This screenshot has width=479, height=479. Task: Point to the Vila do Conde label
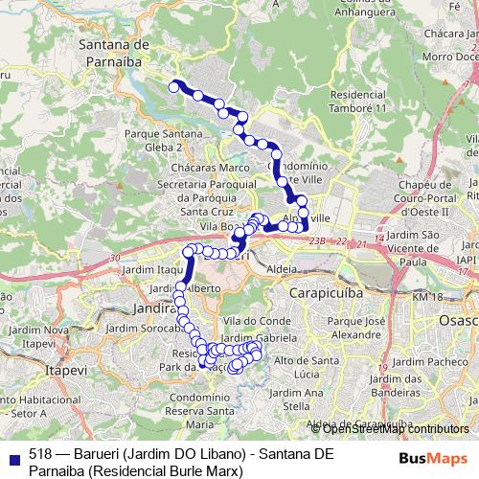[255, 319]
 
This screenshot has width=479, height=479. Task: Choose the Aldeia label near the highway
[286, 270]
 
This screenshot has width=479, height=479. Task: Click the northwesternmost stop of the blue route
[174, 86]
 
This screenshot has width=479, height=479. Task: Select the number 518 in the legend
[40, 454]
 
